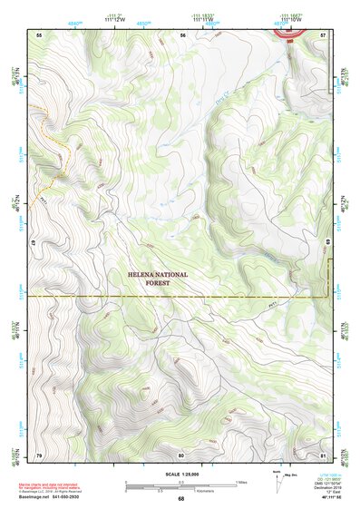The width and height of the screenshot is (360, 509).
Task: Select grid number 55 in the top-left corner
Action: (x=39, y=34)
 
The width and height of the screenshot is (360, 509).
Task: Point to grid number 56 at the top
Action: (x=182, y=34)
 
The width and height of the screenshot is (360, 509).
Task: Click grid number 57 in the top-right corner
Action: (x=323, y=34)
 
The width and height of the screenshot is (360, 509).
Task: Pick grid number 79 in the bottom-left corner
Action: (x=39, y=454)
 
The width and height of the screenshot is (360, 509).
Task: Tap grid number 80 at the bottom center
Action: (x=181, y=454)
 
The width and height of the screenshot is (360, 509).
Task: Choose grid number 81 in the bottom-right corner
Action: (x=323, y=454)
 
